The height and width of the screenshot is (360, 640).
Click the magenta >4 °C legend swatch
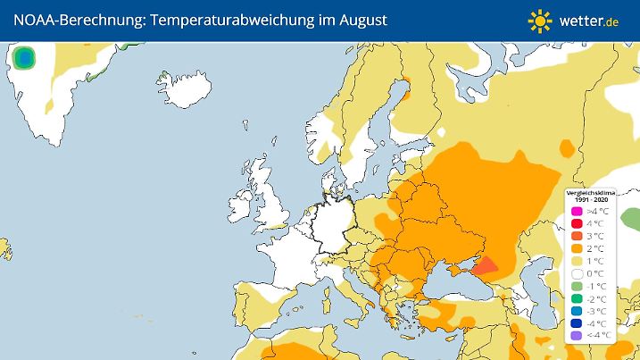577,210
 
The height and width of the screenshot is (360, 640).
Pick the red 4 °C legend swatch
577,222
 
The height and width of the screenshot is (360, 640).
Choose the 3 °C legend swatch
577,235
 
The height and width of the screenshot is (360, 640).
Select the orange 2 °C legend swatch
577,247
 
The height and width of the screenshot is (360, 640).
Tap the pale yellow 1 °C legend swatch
577,260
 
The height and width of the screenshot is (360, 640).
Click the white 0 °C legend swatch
577,272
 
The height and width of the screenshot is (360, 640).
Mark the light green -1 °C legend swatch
577,285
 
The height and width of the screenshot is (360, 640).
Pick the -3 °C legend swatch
577,310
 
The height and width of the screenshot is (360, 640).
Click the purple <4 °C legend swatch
577,335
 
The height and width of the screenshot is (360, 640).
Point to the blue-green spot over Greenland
25,60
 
